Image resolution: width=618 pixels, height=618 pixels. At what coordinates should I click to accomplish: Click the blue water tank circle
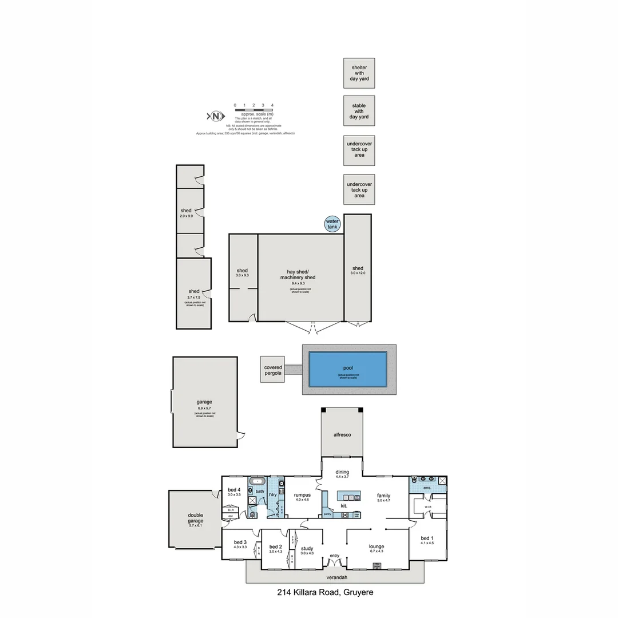coord(332,224)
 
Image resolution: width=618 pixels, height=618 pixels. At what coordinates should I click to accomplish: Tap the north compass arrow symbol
coord(215,116)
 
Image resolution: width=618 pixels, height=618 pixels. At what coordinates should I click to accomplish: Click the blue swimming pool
coord(347,369)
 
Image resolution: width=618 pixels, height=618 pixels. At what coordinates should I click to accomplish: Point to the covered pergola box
coord(273,370)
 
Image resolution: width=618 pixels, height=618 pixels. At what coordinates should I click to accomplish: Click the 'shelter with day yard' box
coord(359,73)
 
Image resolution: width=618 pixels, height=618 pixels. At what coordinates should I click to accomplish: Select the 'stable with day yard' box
coord(359,111)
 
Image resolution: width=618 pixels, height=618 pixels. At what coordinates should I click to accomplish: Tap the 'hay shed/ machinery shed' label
coord(298,274)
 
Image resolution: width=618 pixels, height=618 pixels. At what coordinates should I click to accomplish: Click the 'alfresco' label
coord(342,435)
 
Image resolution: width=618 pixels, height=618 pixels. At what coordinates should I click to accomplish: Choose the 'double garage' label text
coord(195,518)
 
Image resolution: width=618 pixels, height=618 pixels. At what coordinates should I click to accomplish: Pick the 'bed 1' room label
coord(427,538)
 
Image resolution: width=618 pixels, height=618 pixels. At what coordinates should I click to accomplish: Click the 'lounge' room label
coord(377,546)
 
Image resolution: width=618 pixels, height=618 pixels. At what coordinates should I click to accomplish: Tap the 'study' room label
coord(307,548)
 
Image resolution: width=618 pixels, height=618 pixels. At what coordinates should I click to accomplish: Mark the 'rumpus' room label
coord(302,495)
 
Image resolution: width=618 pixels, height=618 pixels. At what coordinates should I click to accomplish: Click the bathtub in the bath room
coord(257,482)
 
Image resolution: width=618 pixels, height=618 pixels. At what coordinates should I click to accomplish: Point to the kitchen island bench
coord(348,496)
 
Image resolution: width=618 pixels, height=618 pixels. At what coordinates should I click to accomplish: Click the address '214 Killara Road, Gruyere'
coord(324,592)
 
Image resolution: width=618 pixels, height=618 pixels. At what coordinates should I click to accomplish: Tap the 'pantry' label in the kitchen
coord(327,514)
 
